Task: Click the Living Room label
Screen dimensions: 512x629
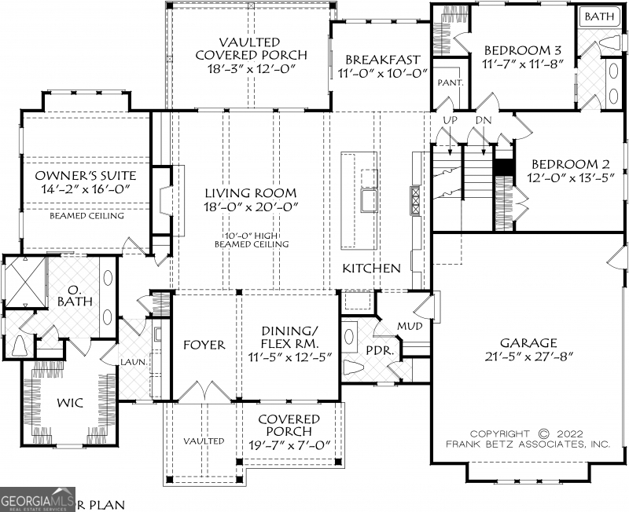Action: pos(251,192)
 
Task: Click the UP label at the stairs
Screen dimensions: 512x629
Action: pos(451,120)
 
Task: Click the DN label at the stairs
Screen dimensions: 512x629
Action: pos(484,120)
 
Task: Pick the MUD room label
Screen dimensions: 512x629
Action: pos(408,325)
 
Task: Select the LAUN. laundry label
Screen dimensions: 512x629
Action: pos(130,363)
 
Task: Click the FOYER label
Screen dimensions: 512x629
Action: pos(204,345)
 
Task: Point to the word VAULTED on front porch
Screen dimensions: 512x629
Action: pos(204,441)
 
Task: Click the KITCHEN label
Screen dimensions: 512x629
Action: pos(371,268)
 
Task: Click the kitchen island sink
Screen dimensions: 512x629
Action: pos(368,201)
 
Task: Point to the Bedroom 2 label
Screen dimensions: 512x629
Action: pos(571,163)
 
